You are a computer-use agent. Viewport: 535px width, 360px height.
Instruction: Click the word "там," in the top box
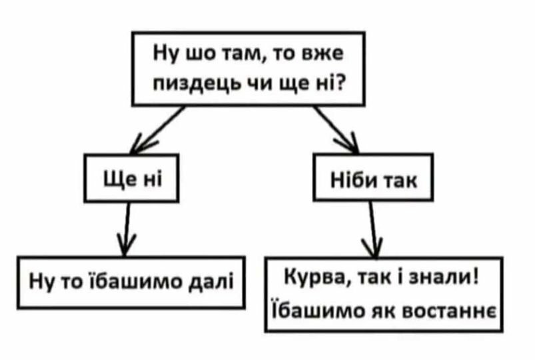coord(243,55)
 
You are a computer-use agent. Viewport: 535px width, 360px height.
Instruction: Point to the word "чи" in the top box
coord(262,82)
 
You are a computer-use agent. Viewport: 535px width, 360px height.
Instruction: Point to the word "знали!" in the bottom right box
coord(444,277)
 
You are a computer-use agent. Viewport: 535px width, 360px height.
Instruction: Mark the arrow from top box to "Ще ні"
coord(158,130)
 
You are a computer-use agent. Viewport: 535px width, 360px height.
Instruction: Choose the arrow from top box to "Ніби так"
coord(336,130)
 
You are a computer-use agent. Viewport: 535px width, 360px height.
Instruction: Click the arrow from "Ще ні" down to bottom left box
coord(127,229)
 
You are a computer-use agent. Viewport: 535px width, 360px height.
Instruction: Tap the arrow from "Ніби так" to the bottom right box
coord(373,229)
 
